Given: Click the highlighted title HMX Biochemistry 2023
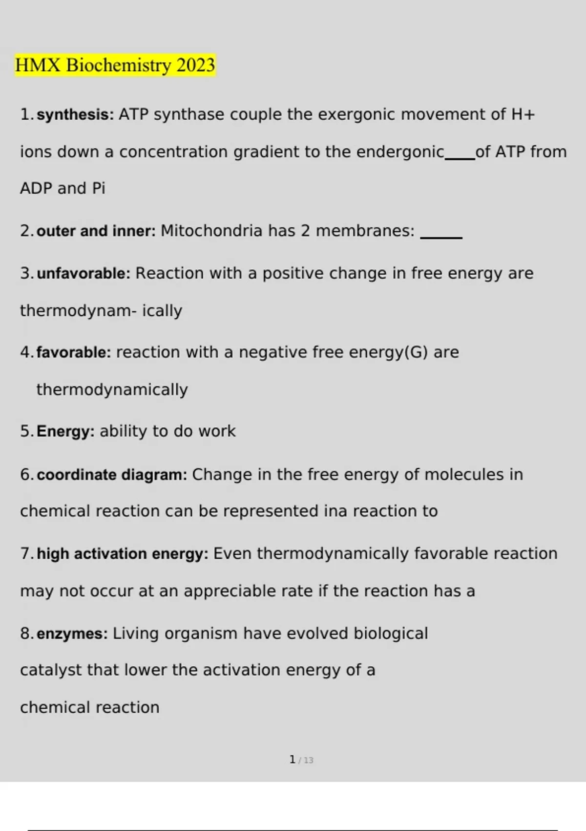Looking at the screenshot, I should (115, 65).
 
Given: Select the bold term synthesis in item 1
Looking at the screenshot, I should (75, 115).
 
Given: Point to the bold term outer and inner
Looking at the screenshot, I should (96, 231).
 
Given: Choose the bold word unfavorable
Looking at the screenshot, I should (83, 273).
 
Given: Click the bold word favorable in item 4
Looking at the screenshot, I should (74, 352).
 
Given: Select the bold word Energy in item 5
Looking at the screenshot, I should (65, 432).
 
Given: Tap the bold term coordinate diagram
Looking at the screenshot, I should (111, 475).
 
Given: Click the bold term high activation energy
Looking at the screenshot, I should (122, 554).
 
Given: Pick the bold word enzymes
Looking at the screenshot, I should (72, 634).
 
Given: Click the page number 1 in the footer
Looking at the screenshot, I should (292, 760).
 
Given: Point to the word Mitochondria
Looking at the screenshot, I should (211, 231).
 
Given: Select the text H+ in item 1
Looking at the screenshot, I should (523, 115).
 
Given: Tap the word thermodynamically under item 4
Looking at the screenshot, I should (112, 390).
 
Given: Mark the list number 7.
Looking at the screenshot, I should (26, 554).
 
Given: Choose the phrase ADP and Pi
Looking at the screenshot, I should (63, 188).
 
